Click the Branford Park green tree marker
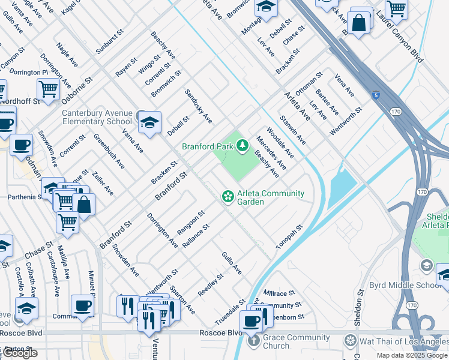[x=243, y=145]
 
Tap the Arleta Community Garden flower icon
[x=228, y=196]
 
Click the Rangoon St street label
[x=191, y=222]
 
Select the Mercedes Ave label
[x=271, y=152]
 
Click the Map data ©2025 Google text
[x=412, y=355]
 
